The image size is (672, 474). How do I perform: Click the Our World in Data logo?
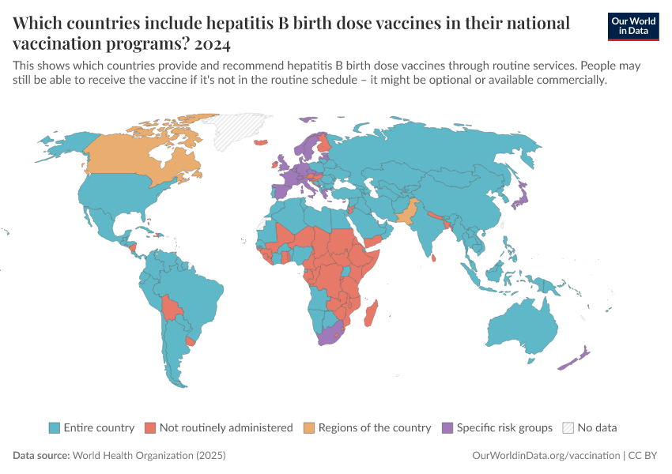[x=633, y=26]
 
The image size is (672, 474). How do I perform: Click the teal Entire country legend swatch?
[x=54, y=427]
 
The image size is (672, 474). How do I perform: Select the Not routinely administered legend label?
[x=225, y=427]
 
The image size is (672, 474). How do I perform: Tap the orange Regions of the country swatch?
[x=308, y=427]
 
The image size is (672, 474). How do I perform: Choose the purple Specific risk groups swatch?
[x=447, y=427]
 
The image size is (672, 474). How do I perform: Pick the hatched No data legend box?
[x=568, y=427]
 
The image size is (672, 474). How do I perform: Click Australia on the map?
[x=526, y=328]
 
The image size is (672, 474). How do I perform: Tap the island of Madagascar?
[x=369, y=313]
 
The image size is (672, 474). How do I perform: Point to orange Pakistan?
[x=405, y=213]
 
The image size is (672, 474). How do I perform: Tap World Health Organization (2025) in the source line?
[x=149, y=456]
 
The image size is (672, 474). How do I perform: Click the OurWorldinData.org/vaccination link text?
[x=546, y=456]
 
